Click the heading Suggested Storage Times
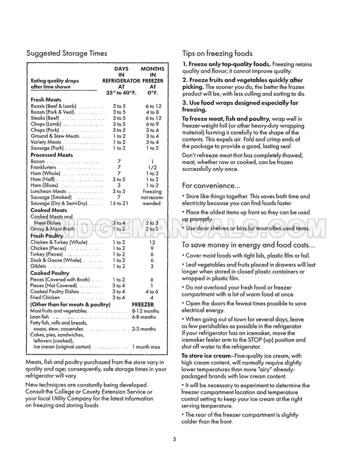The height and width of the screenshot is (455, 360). [67, 53]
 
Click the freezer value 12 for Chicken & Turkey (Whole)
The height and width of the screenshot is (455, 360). [152, 242]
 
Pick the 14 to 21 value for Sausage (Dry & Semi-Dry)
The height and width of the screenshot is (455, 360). [118, 203]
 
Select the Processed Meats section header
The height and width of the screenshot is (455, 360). [52, 155]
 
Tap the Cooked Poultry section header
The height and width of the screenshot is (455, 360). [50, 273]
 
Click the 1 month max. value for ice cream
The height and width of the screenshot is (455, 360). [146, 347]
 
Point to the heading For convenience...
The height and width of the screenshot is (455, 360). [211, 185]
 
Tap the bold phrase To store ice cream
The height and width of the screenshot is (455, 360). [207, 356]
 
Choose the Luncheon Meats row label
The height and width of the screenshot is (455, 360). [48, 191]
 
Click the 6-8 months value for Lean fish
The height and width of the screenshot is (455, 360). [143, 317]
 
